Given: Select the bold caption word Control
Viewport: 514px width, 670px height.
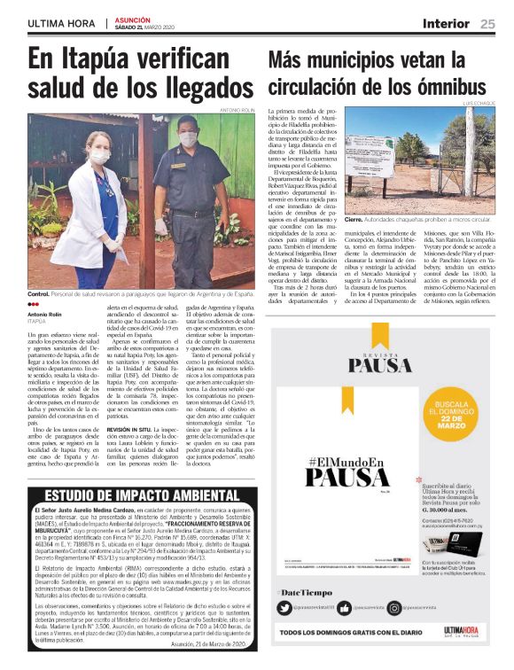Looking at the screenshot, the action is [x=38, y=292].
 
